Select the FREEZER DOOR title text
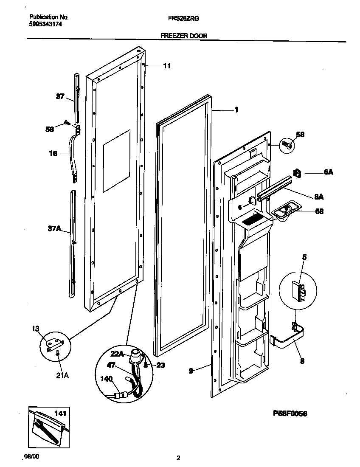[184, 36]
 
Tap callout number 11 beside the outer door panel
[167, 66]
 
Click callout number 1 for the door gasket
[236, 110]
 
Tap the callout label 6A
[328, 172]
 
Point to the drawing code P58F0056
[287, 413]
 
